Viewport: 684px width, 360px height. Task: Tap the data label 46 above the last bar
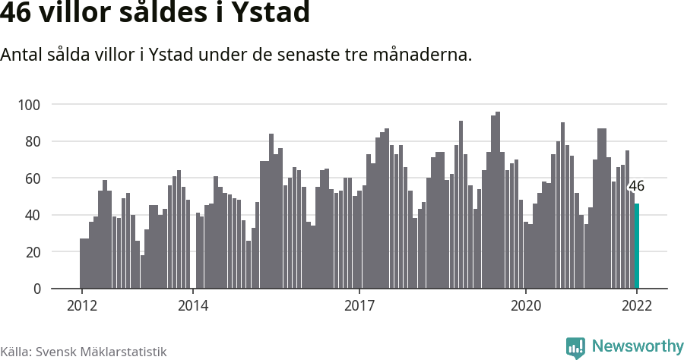636,186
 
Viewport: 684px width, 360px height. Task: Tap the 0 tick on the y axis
36,289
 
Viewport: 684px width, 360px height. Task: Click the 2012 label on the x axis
81,306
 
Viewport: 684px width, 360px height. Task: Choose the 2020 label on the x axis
525,306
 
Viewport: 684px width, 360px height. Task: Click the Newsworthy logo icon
575,347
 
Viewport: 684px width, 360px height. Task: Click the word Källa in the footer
16,352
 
